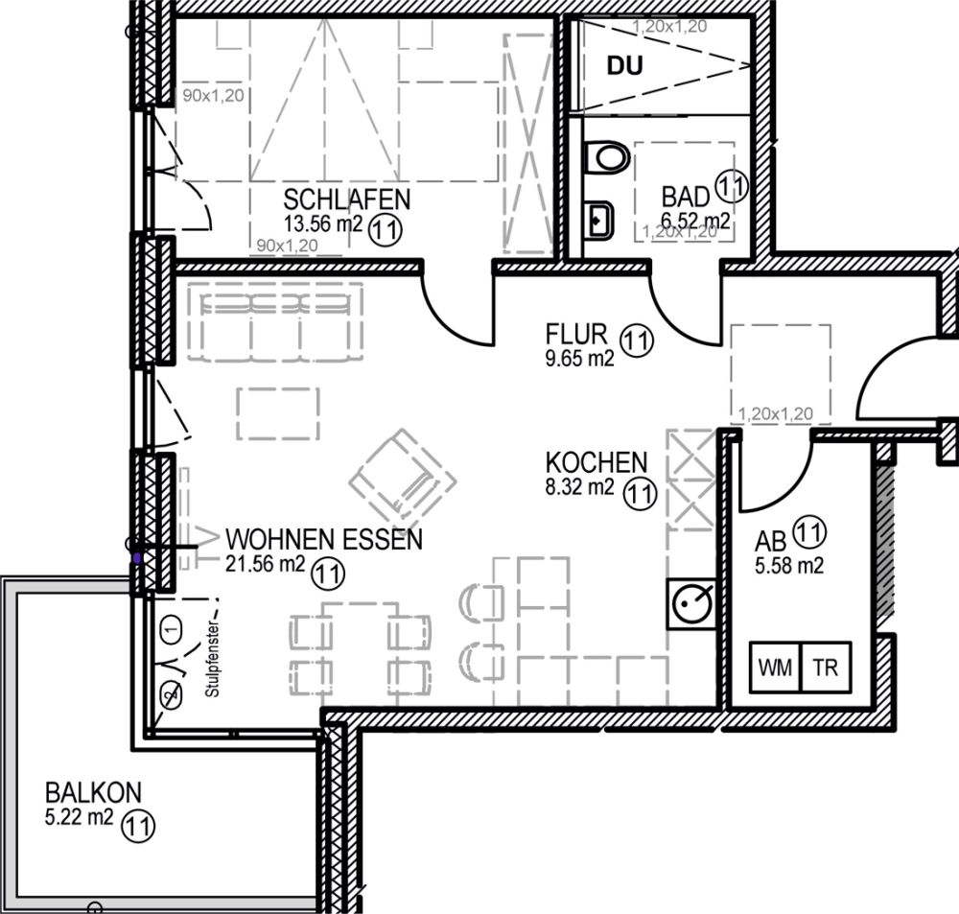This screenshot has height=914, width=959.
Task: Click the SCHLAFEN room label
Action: [346, 199]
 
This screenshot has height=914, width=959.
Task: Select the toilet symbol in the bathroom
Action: [604, 156]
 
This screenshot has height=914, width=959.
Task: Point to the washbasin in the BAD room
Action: [600, 219]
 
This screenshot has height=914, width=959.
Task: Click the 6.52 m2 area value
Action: [694, 220]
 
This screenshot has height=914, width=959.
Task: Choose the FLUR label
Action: [576, 335]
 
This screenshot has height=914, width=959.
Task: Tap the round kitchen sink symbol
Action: [690, 602]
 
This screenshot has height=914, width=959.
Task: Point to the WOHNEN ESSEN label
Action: [322, 540]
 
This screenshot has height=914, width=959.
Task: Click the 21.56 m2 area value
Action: [265, 565]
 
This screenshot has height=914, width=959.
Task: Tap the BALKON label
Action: [94, 793]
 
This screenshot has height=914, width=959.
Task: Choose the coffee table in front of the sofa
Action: [277, 413]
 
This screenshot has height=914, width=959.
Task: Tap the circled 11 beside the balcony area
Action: [139, 824]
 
